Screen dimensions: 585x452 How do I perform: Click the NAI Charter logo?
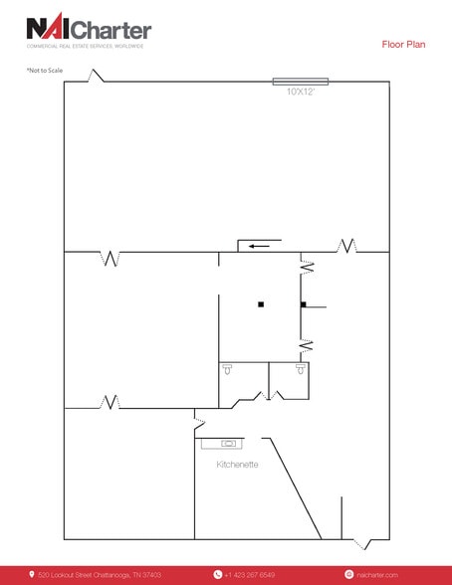coord(89,29)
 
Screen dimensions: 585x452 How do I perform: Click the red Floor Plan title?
coord(404,44)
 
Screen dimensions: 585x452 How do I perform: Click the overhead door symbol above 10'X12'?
coord(300,81)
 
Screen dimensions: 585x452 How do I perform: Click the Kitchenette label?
coord(238,464)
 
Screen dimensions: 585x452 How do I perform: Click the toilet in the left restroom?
coord(228,369)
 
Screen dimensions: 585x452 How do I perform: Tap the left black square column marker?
coord(260,303)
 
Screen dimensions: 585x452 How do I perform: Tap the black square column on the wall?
coord(303,303)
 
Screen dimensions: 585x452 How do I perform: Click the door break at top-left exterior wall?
coord(97,77)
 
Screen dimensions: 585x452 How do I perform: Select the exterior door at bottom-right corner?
coord(359,543)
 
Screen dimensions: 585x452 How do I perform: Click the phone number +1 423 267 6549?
coord(250,574)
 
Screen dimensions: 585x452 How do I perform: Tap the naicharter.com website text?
coord(377,574)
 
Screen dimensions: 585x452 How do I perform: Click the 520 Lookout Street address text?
coord(100,574)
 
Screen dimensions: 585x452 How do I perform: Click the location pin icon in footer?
coord(31,574)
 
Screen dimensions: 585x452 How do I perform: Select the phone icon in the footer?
coord(217,574)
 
